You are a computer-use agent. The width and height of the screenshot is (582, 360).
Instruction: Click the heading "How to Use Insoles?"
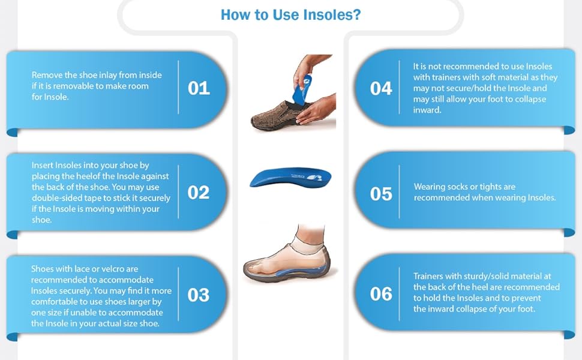(290, 14)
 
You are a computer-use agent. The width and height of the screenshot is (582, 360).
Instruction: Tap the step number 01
(199, 89)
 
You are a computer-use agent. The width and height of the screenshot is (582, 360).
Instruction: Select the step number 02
(199, 193)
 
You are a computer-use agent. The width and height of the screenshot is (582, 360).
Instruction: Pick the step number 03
(199, 295)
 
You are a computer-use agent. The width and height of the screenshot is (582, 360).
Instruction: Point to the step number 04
(381, 89)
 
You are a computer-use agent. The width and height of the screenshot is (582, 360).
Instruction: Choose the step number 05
(381, 194)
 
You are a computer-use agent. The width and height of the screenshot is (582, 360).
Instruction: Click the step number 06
(381, 294)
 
